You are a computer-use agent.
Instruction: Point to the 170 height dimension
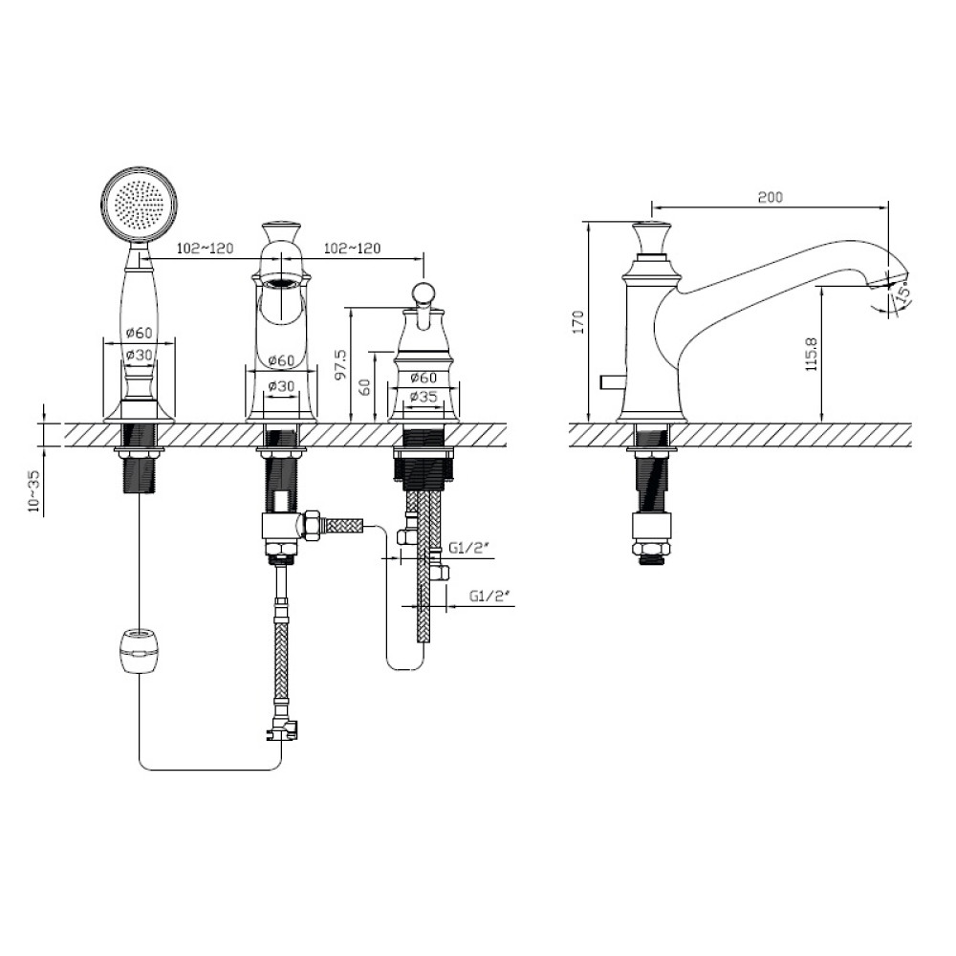click(x=578, y=322)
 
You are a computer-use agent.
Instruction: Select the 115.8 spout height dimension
click(x=811, y=355)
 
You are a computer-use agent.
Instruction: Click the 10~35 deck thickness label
click(x=34, y=493)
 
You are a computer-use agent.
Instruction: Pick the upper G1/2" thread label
click(x=469, y=548)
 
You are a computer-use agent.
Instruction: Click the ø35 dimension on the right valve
click(x=424, y=396)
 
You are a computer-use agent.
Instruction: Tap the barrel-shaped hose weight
click(x=140, y=651)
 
